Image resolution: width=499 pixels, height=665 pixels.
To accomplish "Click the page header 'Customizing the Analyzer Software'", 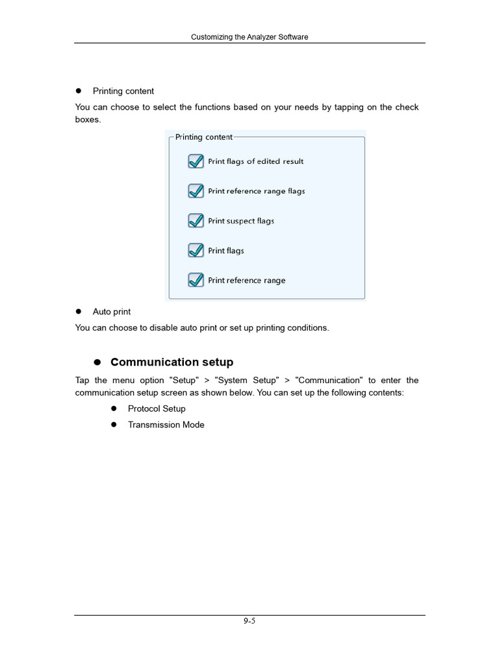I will tap(249, 37).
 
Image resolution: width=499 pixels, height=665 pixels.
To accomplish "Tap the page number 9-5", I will tap(249, 621).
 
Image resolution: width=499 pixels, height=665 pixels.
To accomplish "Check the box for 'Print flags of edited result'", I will tap(196, 161).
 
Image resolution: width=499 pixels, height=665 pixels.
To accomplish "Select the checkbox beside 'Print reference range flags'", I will tap(196, 191).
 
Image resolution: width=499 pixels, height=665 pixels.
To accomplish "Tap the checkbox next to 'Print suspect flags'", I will tap(196, 221).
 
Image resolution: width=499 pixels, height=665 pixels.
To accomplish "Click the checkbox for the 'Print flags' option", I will tap(196, 251).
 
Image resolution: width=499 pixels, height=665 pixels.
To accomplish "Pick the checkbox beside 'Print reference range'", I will tap(196, 280).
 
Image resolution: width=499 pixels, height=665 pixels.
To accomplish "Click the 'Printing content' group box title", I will tap(203, 137).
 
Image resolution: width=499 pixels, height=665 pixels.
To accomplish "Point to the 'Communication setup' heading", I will tap(172, 362).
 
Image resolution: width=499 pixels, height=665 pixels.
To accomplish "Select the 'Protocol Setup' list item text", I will tap(157, 408).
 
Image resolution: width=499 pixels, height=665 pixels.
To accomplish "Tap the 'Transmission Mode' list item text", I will tap(166, 425).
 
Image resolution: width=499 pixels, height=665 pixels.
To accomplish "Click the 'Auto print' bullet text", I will tap(111, 312).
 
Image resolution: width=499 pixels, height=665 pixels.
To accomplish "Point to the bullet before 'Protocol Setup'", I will tap(113, 408).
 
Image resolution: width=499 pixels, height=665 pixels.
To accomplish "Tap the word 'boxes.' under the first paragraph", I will tap(88, 120).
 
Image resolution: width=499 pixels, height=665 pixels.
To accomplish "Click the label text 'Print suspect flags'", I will tap(241, 221).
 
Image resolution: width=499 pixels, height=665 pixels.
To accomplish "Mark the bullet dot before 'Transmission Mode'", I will tap(113, 425).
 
